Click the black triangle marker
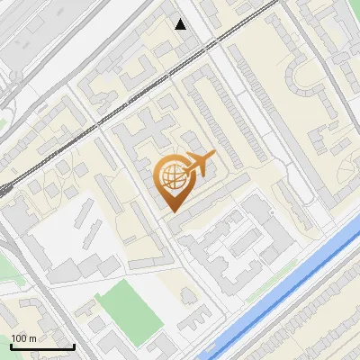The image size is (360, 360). pyautogui.click(x=181, y=23)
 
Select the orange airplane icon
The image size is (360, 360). pyautogui.click(x=198, y=166)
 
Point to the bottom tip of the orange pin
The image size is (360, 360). pyautogui.click(x=171, y=211)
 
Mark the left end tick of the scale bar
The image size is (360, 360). pyautogui.click(x=11, y=346)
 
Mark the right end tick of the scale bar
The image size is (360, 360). pyautogui.click(x=74, y=346)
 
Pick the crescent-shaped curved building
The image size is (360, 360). pyautogui.click(x=301, y=76)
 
